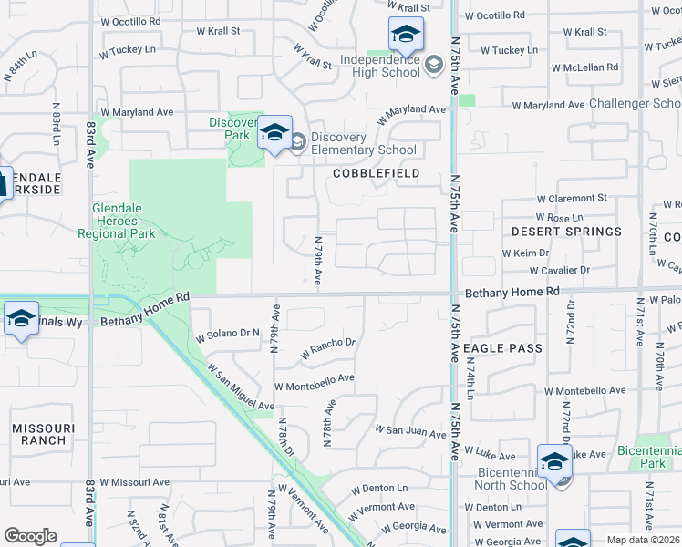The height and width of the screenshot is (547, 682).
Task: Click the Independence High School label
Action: click(380, 66)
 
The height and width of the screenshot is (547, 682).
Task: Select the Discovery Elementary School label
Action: click(363, 144)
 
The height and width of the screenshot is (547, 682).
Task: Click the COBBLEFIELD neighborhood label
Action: click(376, 173)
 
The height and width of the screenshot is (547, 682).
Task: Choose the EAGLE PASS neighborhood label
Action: click(502, 348)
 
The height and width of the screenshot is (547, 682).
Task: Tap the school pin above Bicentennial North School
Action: click(554, 463)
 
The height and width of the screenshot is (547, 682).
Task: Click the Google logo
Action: click(30, 536)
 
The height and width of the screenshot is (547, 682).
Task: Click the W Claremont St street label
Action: click(572, 198)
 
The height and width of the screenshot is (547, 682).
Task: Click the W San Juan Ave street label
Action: click(410, 429)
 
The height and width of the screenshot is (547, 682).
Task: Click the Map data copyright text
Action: click(644, 540)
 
